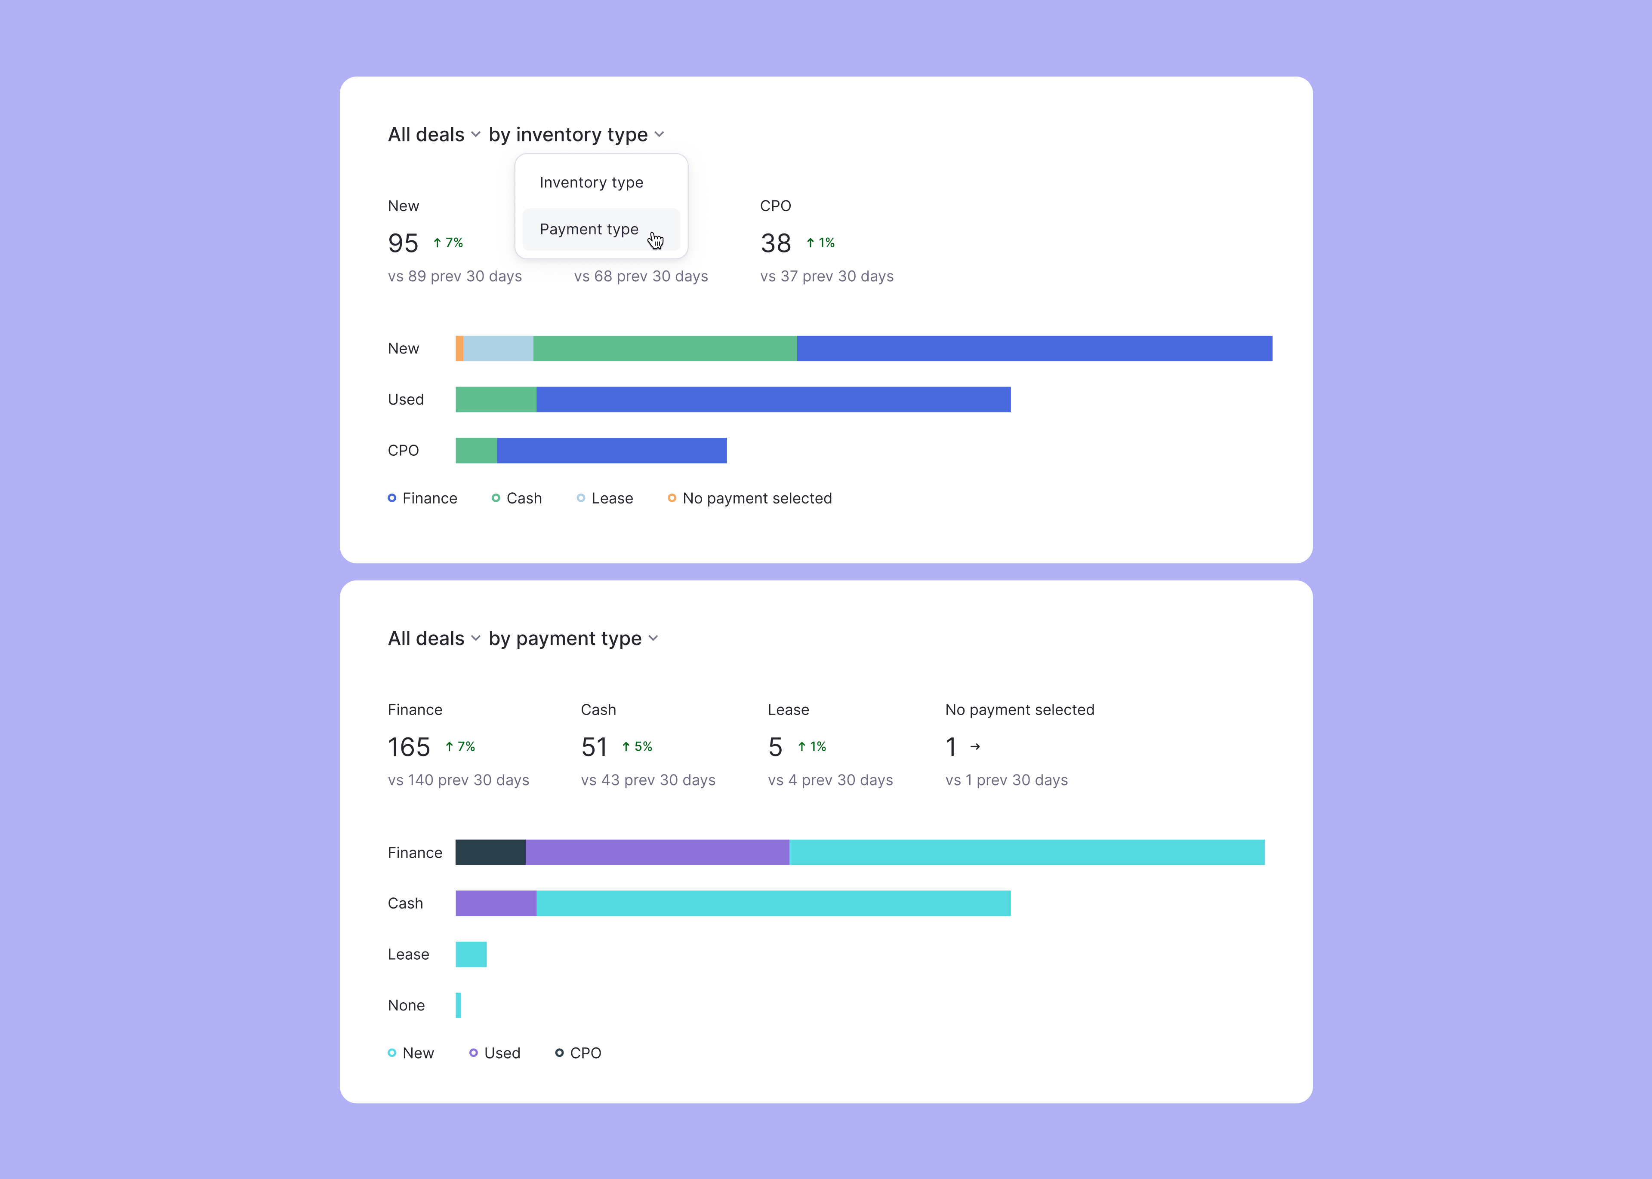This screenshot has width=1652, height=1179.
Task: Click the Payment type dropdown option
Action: click(x=589, y=230)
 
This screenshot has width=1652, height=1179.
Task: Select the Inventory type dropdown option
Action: click(x=591, y=183)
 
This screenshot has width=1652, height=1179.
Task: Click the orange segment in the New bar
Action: click(x=459, y=348)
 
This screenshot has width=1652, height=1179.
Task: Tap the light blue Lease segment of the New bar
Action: click(x=498, y=348)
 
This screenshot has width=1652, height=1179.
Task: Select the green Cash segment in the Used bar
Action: click(x=496, y=399)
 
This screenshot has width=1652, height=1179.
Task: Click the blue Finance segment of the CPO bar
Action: click(x=611, y=450)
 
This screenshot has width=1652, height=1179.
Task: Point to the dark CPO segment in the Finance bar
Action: click(x=490, y=852)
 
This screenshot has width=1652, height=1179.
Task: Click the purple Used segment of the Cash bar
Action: click(x=496, y=903)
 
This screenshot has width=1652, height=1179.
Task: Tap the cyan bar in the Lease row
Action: click(x=471, y=954)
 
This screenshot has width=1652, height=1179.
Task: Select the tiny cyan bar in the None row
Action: click(x=458, y=1005)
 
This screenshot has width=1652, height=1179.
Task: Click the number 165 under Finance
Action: click(x=409, y=747)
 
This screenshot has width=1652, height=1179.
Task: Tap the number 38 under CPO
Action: click(x=776, y=243)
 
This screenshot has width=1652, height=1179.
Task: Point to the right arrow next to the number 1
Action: click(x=975, y=746)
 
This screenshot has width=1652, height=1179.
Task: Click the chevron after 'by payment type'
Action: click(x=653, y=639)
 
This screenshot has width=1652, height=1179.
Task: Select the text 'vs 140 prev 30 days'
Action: click(x=458, y=780)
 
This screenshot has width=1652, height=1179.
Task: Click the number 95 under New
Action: click(x=403, y=243)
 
